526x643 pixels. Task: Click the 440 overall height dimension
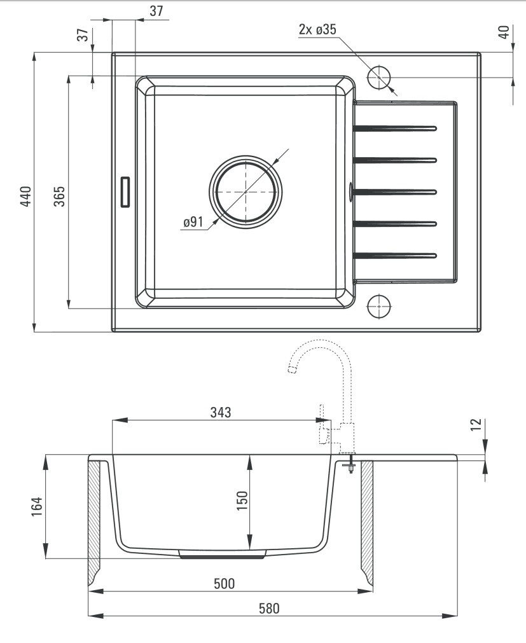tap(26, 197)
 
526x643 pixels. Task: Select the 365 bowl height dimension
tap(59, 197)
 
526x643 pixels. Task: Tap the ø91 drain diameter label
tap(193, 222)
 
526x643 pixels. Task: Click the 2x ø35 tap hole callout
tap(317, 29)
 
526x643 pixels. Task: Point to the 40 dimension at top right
tap(504, 32)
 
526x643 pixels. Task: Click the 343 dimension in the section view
tap(221, 412)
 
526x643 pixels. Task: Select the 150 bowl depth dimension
tap(242, 501)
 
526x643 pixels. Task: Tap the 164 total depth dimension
tap(37, 507)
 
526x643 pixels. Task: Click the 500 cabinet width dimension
tap(225, 584)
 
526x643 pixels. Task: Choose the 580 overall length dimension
tap(269, 608)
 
